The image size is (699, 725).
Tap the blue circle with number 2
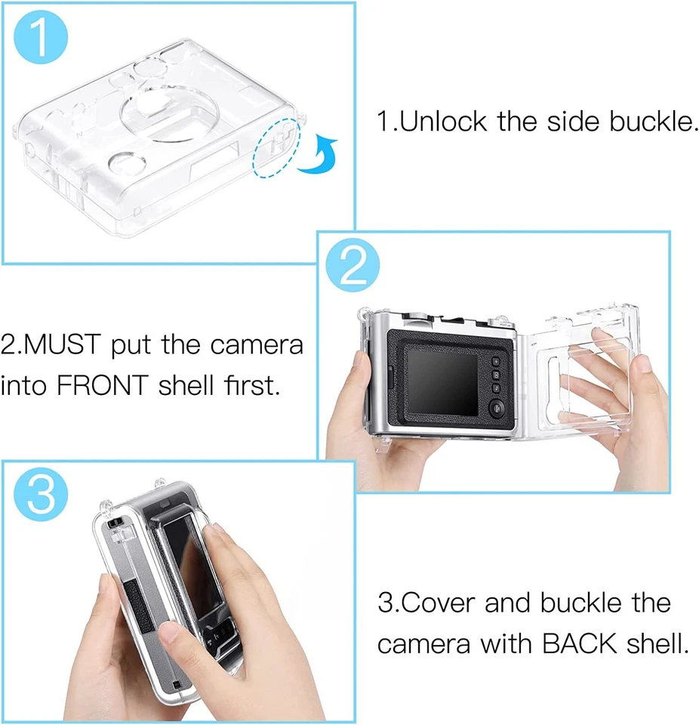[x=354, y=264]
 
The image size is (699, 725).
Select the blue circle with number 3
[x=40, y=495]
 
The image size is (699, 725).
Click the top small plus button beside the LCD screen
[x=496, y=361]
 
